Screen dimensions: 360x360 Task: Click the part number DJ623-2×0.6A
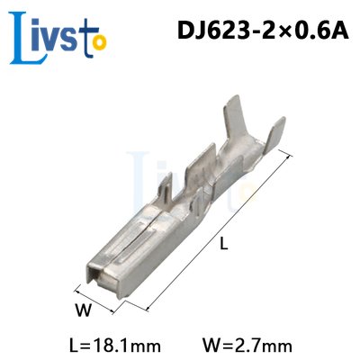[x=263, y=31]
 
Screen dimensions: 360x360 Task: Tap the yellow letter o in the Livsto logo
[x=99, y=42]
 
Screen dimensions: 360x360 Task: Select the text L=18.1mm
[x=115, y=346]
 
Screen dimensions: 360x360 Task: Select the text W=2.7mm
[x=247, y=346]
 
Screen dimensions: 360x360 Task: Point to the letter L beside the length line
[x=224, y=243]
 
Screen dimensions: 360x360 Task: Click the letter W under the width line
[x=83, y=310]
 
